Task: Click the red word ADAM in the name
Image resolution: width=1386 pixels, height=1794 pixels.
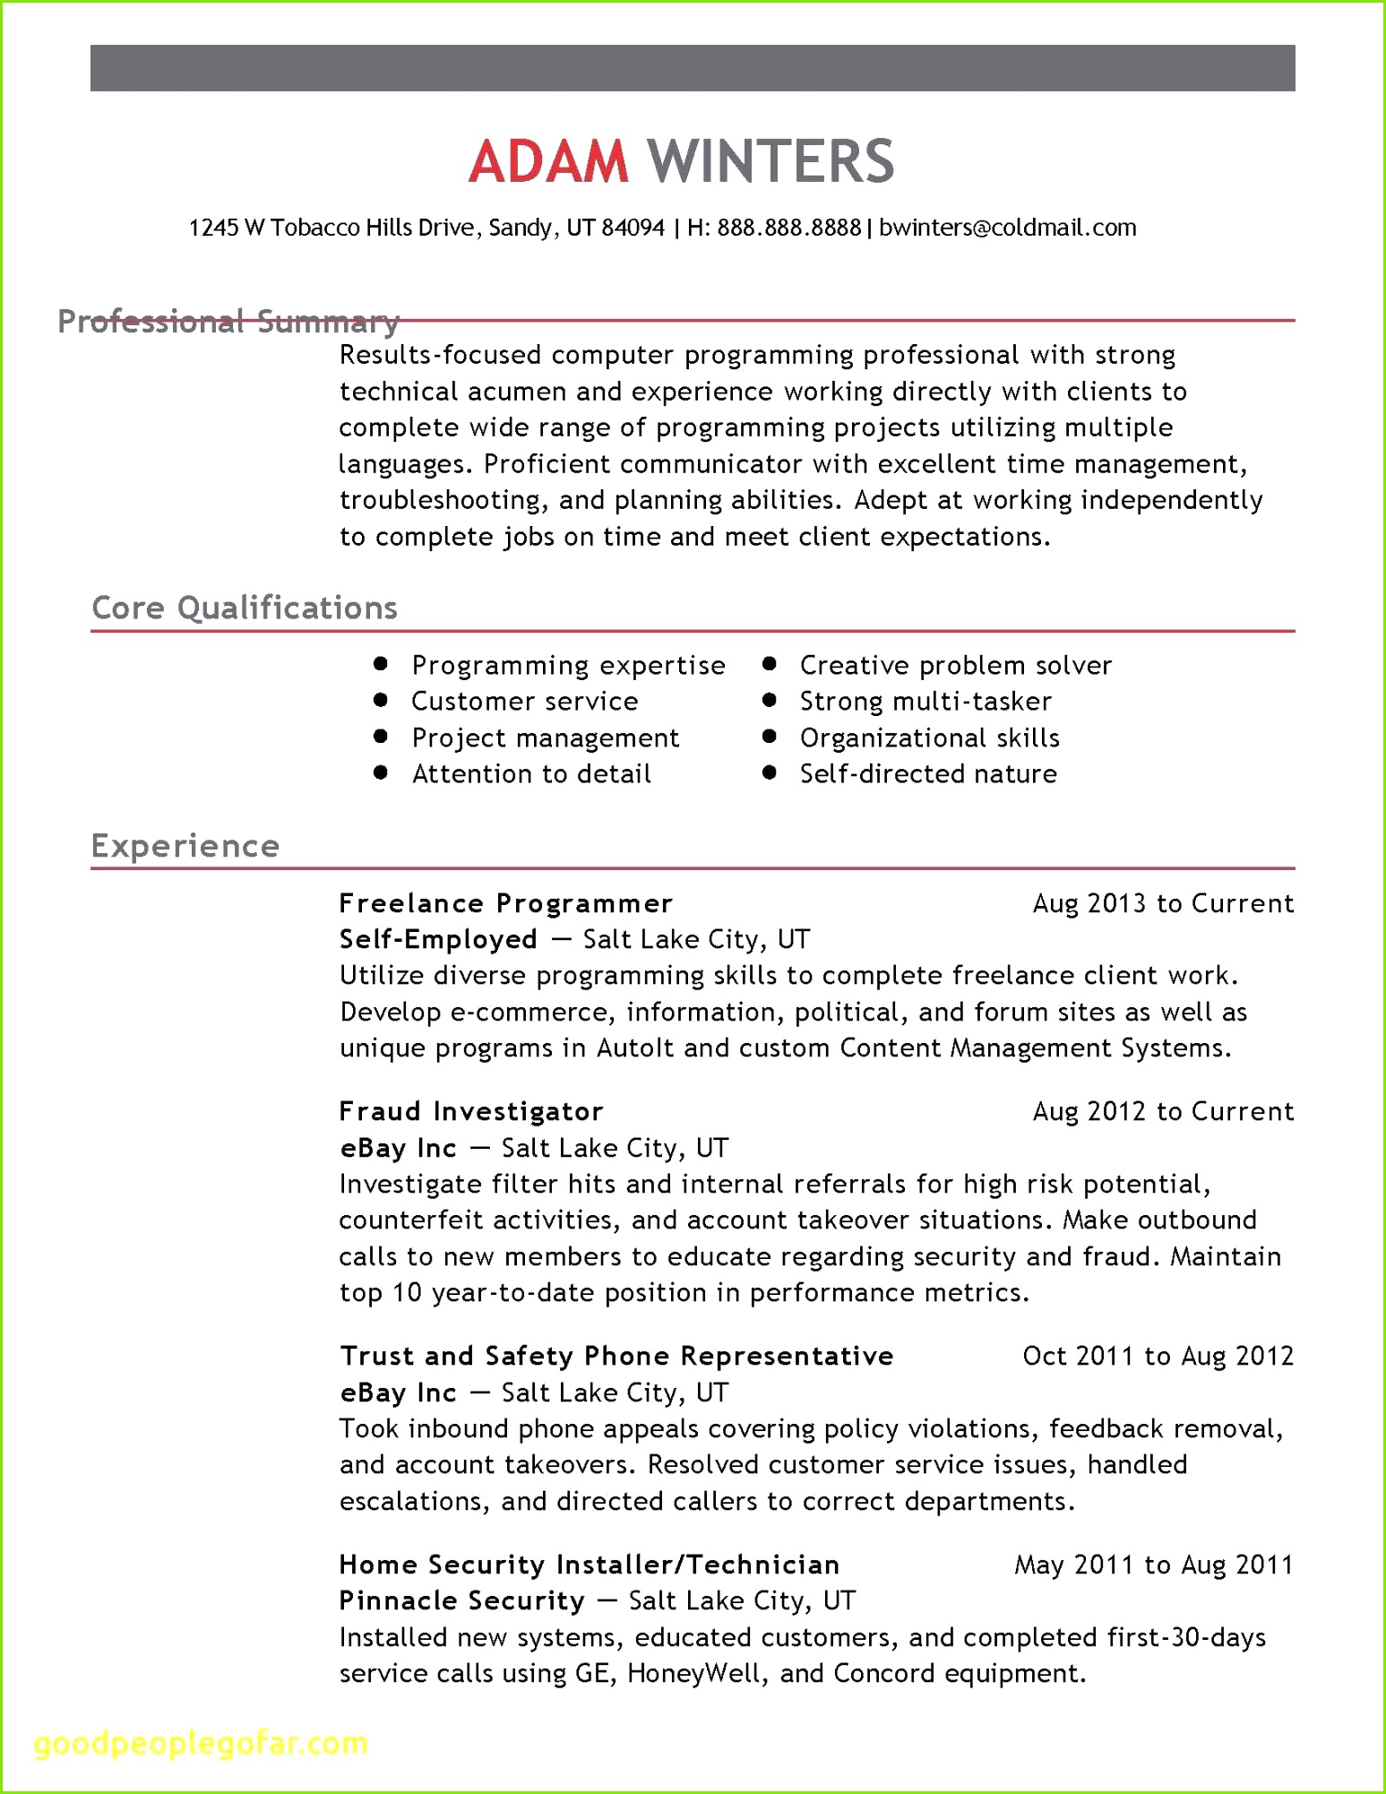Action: point(548,161)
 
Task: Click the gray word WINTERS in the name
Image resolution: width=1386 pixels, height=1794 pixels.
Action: point(770,161)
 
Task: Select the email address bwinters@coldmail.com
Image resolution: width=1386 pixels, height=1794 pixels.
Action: point(1007,228)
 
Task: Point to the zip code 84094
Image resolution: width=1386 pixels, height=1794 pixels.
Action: point(633,228)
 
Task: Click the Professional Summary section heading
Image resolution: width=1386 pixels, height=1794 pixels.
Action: point(228,321)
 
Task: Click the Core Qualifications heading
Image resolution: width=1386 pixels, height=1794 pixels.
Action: point(245,608)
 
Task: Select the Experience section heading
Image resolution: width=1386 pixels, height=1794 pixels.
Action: point(185,846)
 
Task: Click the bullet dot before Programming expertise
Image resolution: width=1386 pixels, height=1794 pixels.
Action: point(381,664)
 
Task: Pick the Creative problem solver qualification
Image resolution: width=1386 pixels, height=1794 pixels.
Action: point(955,665)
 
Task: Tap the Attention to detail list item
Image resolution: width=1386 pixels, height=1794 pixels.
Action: point(531,773)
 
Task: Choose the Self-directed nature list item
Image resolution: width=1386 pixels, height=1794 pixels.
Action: point(928,773)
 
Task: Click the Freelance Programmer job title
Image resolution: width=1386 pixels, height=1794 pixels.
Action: point(505,903)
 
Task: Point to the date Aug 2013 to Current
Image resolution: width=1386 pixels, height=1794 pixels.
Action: point(1163,903)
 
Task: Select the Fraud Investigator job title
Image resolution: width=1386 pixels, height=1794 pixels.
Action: point(471,1111)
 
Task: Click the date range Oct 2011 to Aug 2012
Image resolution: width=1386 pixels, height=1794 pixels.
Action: point(1158,1356)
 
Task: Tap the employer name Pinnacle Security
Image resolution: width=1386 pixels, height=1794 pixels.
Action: point(461,1600)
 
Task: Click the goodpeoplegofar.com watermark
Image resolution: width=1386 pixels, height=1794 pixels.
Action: point(201,1743)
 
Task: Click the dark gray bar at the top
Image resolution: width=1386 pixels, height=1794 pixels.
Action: point(692,68)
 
